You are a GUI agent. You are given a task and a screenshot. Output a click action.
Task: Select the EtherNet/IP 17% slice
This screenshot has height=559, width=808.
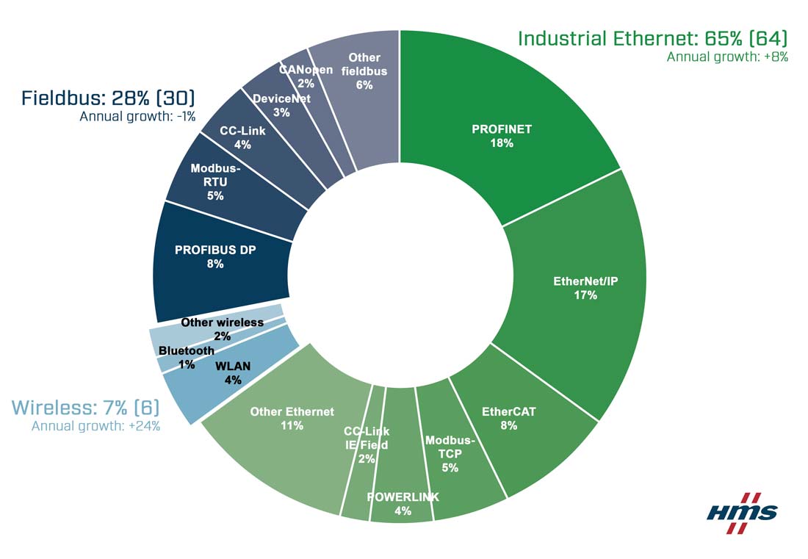pos(585,287)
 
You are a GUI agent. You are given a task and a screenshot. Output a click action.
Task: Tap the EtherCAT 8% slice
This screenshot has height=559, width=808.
pos(519,419)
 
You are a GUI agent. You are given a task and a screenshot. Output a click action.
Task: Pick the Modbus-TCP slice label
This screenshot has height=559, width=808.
pos(450,453)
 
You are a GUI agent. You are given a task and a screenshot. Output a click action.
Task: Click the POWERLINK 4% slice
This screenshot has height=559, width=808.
pos(402,504)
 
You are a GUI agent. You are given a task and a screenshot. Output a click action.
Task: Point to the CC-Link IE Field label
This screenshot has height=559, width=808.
pos(367,444)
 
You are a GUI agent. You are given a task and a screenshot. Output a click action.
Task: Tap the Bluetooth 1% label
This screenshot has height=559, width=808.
pos(187,357)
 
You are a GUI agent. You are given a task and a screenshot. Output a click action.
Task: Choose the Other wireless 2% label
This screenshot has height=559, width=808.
pos(222,329)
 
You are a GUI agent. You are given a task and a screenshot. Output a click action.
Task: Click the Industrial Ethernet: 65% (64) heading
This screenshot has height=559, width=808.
pos(652,38)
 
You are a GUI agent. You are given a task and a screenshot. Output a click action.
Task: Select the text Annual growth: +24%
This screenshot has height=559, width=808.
pos(95,426)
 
